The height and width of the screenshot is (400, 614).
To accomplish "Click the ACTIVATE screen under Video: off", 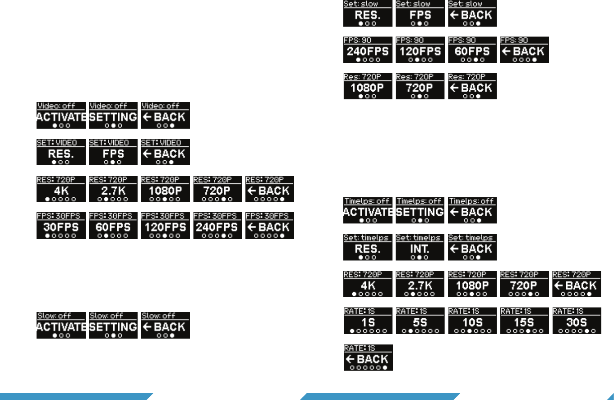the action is [61, 116].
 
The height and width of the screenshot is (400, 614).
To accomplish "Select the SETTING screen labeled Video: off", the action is [113, 116].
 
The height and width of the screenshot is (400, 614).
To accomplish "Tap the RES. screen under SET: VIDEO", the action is [61, 152].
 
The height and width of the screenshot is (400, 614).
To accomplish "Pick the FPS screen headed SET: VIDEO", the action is [113, 152].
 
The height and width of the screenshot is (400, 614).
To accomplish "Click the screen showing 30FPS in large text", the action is [61, 226].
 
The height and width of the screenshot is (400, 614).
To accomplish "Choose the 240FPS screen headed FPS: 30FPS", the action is [217, 226].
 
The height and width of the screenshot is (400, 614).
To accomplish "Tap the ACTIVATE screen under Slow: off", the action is [61, 325].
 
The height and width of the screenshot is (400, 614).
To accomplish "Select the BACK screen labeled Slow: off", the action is [166, 325].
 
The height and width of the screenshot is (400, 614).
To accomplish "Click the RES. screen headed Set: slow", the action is [368, 13].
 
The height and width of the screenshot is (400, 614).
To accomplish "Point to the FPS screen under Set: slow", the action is [420, 13].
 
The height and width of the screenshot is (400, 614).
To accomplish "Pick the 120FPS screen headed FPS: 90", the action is [420, 50].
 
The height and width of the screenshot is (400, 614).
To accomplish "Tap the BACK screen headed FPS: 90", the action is [525, 50].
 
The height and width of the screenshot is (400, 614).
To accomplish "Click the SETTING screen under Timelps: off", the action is [420, 210].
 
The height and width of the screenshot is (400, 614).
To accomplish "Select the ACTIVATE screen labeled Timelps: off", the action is [368, 210].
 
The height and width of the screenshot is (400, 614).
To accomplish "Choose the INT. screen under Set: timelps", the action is [420, 247].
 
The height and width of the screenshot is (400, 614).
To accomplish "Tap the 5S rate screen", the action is [420, 321].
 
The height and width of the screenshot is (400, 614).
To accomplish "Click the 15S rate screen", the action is [525, 321].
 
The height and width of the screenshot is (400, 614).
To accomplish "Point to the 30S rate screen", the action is [577, 321].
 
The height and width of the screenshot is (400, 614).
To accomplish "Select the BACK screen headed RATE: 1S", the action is [368, 358].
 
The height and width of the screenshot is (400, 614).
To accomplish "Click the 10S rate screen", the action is [472, 321].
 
